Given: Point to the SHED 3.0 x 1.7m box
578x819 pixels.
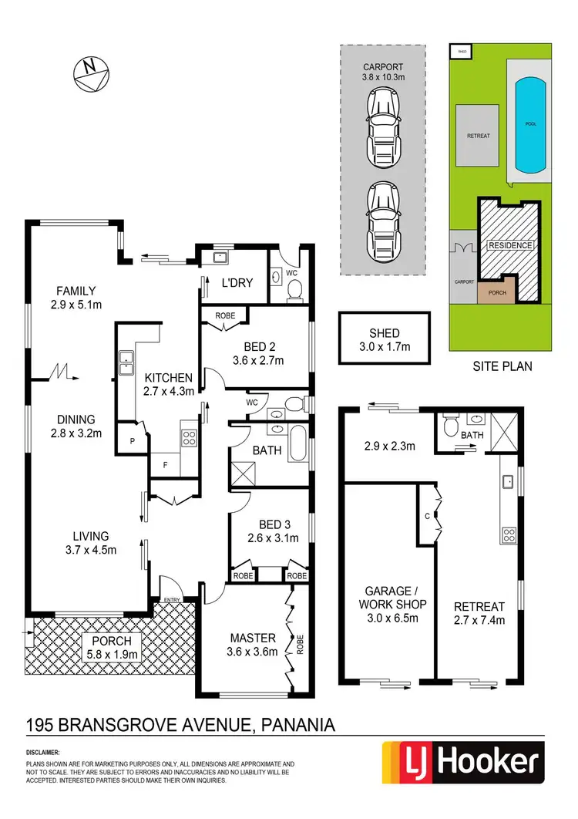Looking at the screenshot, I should point(383,339).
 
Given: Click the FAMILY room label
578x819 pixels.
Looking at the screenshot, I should point(75,298).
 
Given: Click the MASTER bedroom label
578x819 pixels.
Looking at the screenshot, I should point(254,645).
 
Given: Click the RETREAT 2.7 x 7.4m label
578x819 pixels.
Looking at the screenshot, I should point(479,612).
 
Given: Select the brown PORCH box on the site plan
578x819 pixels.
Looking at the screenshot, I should point(493,293).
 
